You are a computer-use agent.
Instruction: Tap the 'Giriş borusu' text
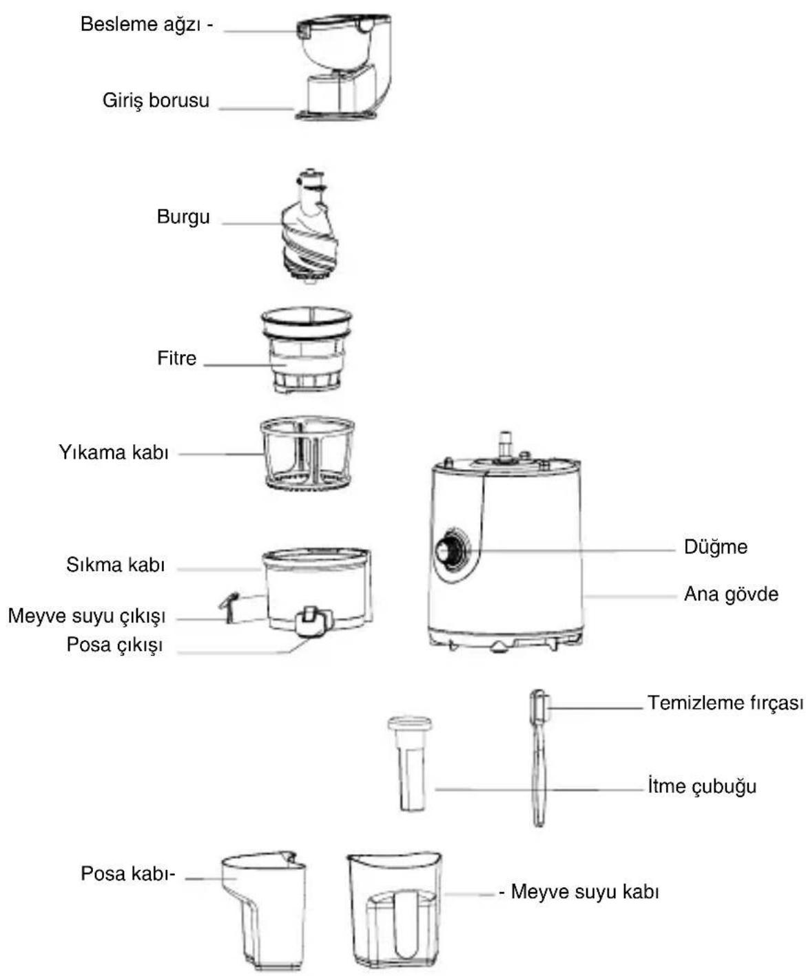tap(156, 101)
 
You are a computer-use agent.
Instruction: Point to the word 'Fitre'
tap(177, 358)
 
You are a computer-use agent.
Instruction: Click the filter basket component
tap(307, 349)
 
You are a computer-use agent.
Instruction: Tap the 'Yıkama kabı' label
tap(114, 453)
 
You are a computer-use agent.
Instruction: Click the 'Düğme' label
tap(715, 548)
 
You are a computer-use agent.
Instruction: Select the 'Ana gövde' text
tap(731, 594)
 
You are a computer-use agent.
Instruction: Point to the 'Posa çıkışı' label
tap(114, 645)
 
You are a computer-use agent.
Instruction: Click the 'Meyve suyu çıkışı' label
tap(87, 616)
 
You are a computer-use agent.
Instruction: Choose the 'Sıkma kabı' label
tap(116, 565)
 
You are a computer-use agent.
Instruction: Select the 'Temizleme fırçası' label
tap(725, 703)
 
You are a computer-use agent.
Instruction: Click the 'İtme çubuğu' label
tap(702, 786)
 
